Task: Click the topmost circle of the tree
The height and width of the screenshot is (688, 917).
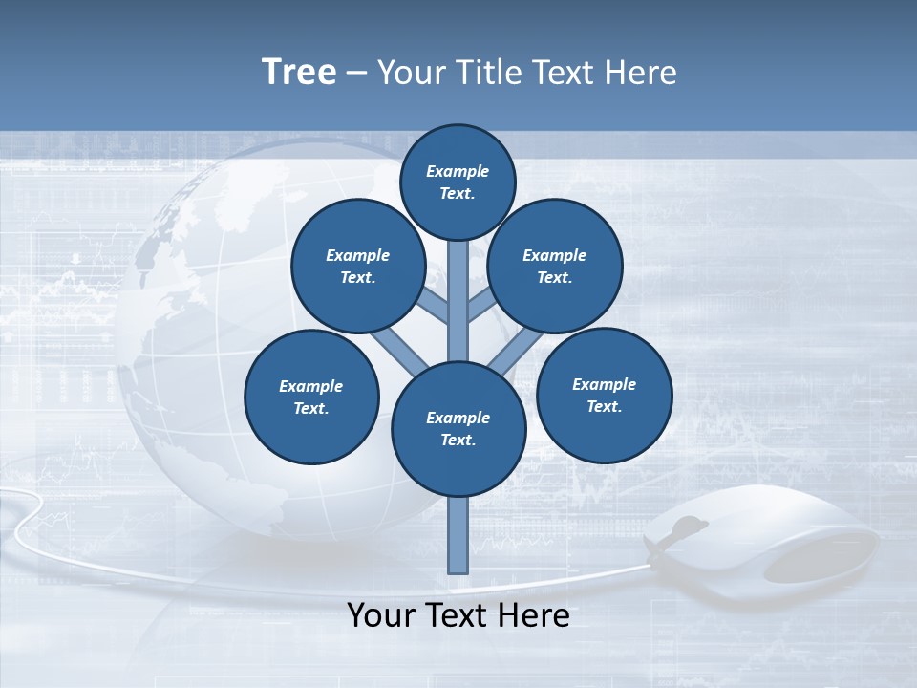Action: coord(458,182)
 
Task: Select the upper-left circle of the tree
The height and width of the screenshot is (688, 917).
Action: coord(357,266)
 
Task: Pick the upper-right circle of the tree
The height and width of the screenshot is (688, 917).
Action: coord(555,266)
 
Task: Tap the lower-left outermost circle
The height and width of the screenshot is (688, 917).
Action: coord(311,397)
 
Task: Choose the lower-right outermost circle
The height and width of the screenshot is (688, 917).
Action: coord(604,395)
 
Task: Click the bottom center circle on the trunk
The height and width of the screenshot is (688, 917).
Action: coord(458,429)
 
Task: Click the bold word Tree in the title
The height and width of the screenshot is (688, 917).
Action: coord(299,72)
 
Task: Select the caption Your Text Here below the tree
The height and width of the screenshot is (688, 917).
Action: coord(458,615)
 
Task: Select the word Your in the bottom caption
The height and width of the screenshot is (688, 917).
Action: coord(381,615)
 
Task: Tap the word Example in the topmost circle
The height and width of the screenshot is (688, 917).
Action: coord(458,171)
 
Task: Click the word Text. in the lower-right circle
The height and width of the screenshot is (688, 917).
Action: coord(604,406)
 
